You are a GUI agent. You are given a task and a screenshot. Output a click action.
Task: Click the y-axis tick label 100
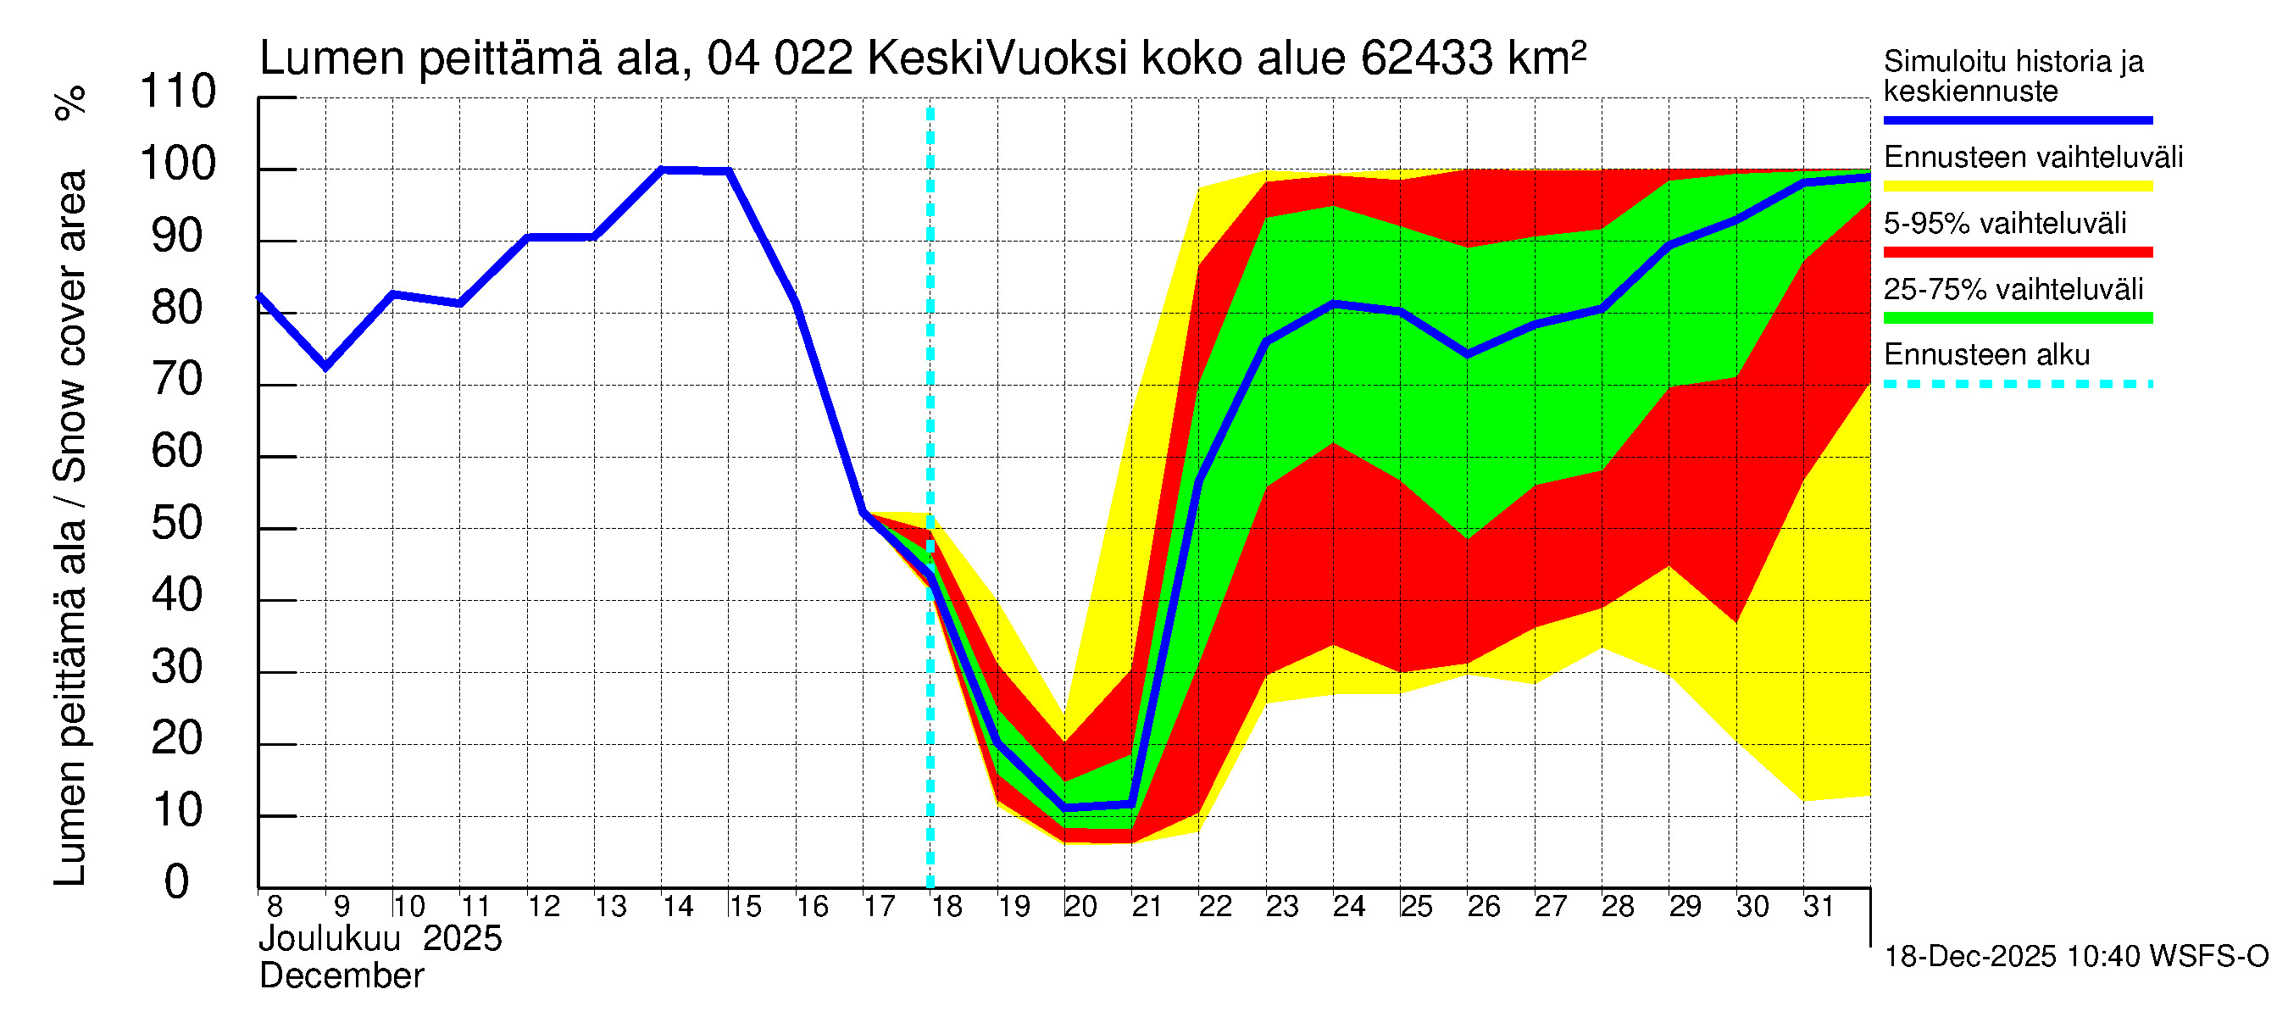point(178,164)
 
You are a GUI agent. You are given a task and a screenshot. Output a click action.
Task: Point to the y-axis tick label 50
point(178,524)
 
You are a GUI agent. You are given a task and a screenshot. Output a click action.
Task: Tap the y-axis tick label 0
point(177,883)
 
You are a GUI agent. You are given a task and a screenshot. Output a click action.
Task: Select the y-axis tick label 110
point(178,92)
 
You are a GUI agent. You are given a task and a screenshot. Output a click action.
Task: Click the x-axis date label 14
point(678,907)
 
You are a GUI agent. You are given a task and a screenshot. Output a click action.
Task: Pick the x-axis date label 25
point(1416,907)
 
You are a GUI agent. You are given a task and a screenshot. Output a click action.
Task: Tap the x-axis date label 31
point(1819,907)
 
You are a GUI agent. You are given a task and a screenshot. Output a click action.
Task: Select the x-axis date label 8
point(275,907)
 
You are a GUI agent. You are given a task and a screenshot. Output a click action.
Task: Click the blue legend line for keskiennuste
point(2017,119)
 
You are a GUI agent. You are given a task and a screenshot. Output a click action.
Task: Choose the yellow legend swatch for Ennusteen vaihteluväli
point(2017,186)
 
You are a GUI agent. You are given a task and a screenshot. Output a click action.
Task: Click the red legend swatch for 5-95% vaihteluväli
point(2017,253)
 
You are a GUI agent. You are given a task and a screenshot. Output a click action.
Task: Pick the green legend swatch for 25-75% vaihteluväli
point(2017,318)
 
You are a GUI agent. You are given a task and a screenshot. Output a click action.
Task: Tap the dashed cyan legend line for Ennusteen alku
point(2017,385)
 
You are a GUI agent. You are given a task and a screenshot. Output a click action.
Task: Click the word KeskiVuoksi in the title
point(997,58)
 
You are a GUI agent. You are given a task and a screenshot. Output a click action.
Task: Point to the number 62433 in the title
point(1426,58)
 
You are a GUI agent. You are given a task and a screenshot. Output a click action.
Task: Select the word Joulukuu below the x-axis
point(330,939)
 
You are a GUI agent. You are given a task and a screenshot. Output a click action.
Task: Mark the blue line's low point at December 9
point(326,366)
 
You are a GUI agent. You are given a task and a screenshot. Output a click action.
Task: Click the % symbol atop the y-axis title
point(71,103)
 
